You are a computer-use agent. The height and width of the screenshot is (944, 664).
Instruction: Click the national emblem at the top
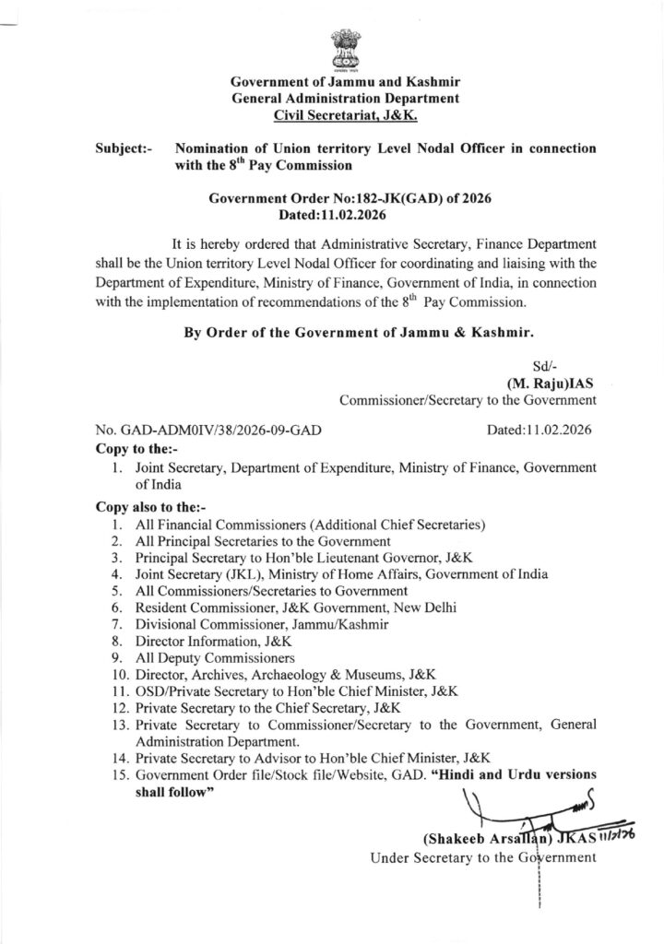click(x=331, y=50)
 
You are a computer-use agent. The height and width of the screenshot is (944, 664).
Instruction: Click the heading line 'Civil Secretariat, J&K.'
click(x=346, y=115)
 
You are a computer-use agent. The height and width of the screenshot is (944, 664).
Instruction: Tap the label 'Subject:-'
click(x=125, y=148)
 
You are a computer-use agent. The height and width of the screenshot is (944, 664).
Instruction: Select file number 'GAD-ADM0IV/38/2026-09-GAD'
click(x=208, y=431)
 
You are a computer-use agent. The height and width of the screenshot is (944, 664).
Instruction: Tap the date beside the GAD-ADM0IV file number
click(x=539, y=431)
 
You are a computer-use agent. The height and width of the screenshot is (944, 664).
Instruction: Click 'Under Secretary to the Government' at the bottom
click(x=483, y=858)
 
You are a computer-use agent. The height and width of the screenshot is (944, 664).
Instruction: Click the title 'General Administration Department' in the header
click(x=345, y=99)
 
